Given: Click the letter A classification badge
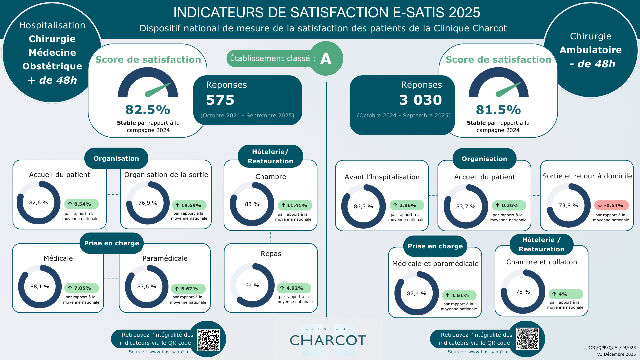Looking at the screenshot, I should pos(326,59).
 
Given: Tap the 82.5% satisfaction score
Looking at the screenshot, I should pos(148,110).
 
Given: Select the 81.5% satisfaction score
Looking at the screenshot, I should pos(498,110).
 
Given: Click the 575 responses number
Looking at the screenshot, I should pos(220,100).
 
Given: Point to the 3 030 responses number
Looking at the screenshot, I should pos(420,100).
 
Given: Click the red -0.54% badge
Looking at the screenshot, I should pos(611,205).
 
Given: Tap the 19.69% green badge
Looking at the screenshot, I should pos(189,205).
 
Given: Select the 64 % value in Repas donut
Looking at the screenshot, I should pos(252,286).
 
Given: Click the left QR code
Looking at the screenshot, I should pos(208,340).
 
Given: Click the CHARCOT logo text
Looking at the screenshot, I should pos(328,340).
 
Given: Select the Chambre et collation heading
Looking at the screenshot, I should pos(541,262).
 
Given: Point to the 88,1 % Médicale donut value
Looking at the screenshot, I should pos(40,287).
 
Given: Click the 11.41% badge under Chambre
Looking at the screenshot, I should pos(295,205).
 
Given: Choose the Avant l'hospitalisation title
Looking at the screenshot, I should pos(382,177).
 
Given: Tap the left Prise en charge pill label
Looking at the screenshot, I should pos(111,243).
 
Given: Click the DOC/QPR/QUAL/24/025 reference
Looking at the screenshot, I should pos(611,347).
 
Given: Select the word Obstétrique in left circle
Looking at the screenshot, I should pos(52,66).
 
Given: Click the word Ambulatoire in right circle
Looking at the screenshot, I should pos(590,50).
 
